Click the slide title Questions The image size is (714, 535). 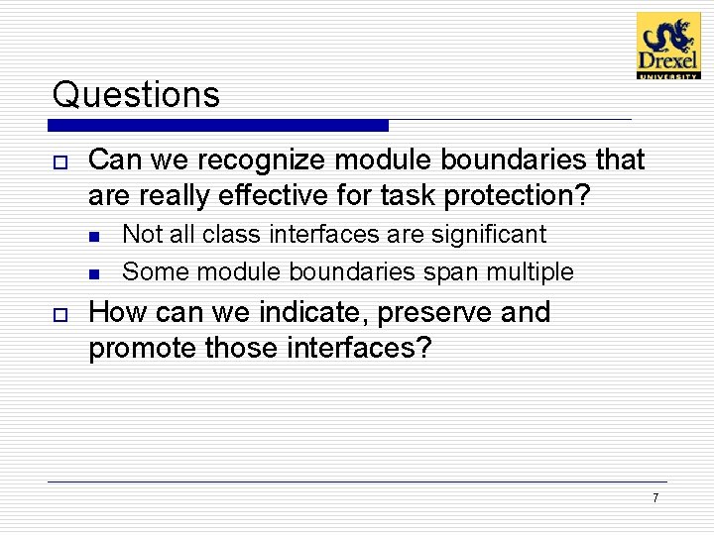[x=136, y=95]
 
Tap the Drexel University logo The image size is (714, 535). [x=667, y=46]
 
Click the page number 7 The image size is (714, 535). [x=654, y=497]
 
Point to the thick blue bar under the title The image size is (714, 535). [x=218, y=126]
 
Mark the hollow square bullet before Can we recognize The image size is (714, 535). [x=59, y=161]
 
